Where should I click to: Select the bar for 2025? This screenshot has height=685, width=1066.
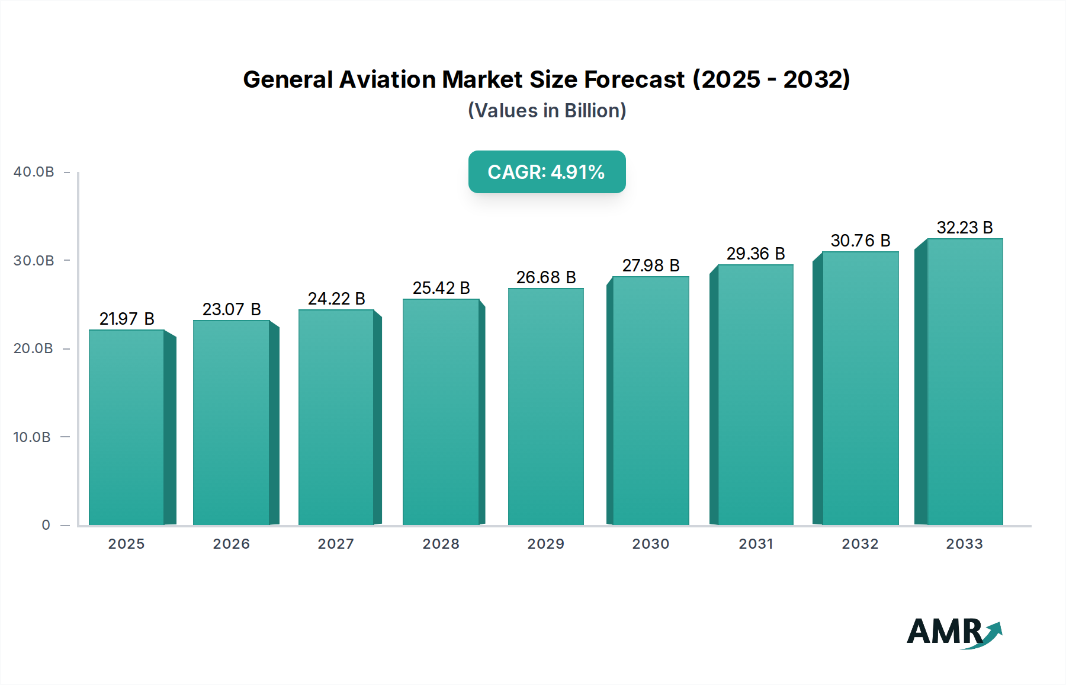pyautogui.click(x=126, y=427)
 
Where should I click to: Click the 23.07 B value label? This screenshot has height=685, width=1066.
pyautogui.click(x=232, y=309)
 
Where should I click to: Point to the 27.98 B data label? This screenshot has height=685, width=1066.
pyautogui.click(x=650, y=265)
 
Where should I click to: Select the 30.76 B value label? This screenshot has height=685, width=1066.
pyautogui.click(x=860, y=241)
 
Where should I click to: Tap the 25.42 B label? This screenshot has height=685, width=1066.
pyautogui.click(x=441, y=288)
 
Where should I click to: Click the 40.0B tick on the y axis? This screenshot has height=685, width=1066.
pyautogui.click(x=34, y=172)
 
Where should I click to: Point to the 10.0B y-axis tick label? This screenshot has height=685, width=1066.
pyautogui.click(x=32, y=437)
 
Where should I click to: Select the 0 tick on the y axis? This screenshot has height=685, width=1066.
pyautogui.click(x=46, y=525)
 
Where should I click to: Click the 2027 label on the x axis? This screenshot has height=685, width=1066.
pyautogui.click(x=336, y=544)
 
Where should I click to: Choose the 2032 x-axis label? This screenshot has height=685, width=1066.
pyautogui.click(x=860, y=544)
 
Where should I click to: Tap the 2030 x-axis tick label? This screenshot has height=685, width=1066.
pyautogui.click(x=650, y=544)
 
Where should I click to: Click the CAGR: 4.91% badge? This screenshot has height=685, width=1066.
pyautogui.click(x=547, y=172)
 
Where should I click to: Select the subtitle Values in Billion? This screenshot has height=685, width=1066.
pyautogui.click(x=547, y=111)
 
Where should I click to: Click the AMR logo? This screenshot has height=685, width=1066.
pyautogui.click(x=953, y=632)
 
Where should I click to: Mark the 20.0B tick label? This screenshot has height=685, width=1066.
pyautogui.click(x=33, y=348)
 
